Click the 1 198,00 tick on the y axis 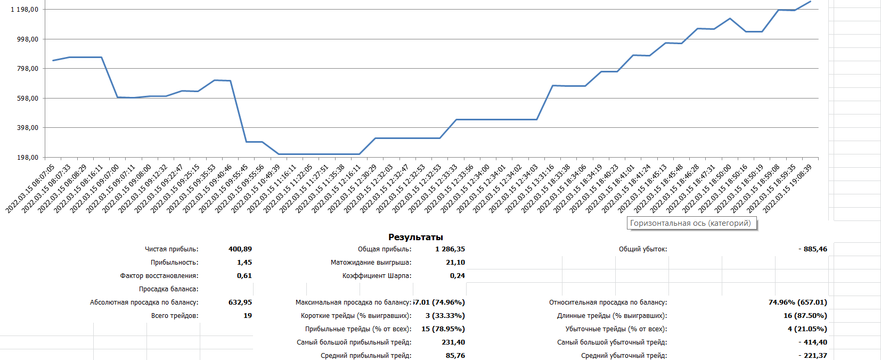coord(25,10)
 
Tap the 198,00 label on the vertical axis coord(27,158)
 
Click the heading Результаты coord(415,238)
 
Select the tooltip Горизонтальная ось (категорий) coord(690,224)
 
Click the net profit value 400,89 coord(240,249)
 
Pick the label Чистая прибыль coord(172,249)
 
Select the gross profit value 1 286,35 coord(450,249)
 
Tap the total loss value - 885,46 coord(813,249)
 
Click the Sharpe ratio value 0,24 coord(457,276)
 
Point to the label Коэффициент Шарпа coord(377,276)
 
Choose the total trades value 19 coord(248,316)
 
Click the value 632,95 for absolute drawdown coord(240,302)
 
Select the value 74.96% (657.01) coord(797,302)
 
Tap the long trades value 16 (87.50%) coord(805,316)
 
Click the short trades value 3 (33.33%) coord(445,316)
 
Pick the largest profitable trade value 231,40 coord(453,342)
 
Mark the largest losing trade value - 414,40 coord(813,342)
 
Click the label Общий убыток coord(642,249)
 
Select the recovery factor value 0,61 coord(244,276)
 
